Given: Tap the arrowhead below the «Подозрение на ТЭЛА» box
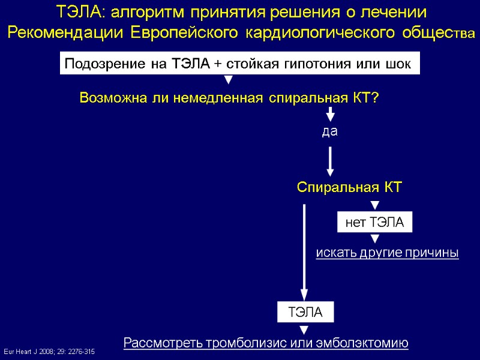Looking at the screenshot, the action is (x=228, y=80).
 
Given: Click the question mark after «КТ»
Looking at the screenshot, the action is (x=375, y=98).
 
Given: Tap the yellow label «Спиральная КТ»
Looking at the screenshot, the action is (x=349, y=188).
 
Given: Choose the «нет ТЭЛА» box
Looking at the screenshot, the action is (x=375, y=223).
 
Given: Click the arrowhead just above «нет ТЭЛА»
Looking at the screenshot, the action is (x=375, y=206).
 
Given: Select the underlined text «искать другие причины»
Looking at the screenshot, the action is (x=387, y=253).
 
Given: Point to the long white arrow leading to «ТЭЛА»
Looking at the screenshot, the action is (x=304, y=252).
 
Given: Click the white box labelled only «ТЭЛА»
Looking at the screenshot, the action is (x=305, y=313).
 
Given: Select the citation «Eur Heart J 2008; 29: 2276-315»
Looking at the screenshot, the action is (x=49, y=350).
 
